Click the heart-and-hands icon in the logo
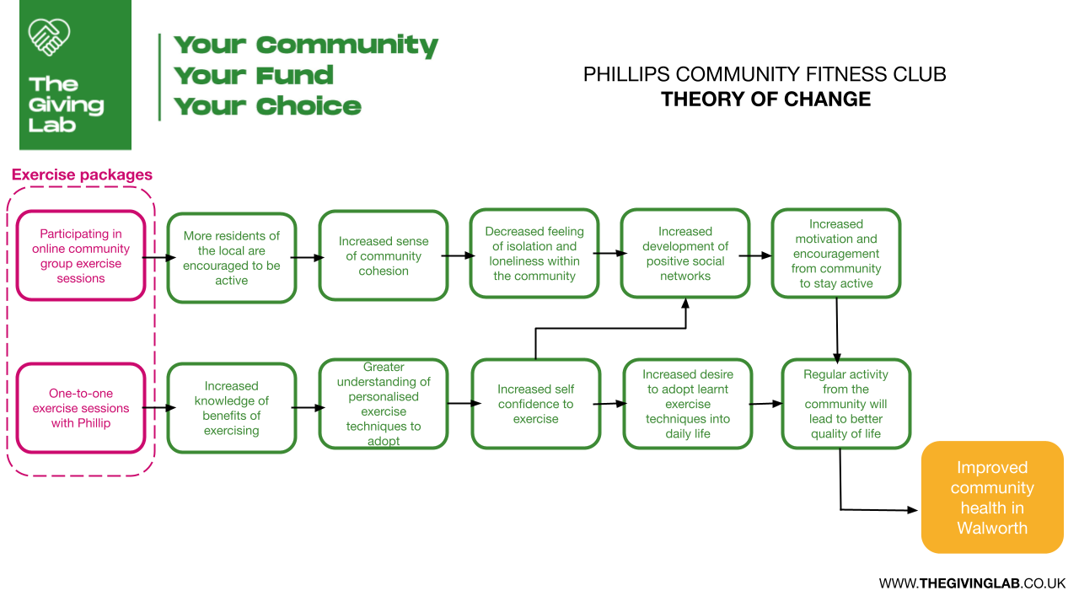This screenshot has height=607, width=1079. pyautogui.click(x=49, y=38)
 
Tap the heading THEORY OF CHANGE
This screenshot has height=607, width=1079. pyautogui.click(x=765, y=99)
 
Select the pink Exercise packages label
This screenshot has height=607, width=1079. pyautogui.click(x=82, y=175)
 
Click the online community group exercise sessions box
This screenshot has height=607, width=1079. pyautogui.click(x=81, y=255)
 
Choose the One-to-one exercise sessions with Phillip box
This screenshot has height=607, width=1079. pyautogui.click(x=81, y=408)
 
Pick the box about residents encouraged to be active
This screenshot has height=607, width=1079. pyautogui.click(x=232, y=258)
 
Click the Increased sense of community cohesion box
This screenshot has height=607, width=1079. pyautogui.click(x=384, y=256)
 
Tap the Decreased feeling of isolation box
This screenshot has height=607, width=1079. pyautogui.click(x=534, y=254)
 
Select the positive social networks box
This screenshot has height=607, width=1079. pyautogui.click(x=685, y=254)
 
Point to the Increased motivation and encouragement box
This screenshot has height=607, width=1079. pyautogui.click(x=836, y=254)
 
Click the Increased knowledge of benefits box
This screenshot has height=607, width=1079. pyautogui.click(x=232, y=408)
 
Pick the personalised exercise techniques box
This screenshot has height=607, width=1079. pyautogui.click(x=384, y=404)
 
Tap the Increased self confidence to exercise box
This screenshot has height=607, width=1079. pyautogui.click(x=535, y=404)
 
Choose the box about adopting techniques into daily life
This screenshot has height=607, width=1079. pyautogui.click(x=688, y=404)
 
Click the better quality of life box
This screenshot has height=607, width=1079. pyautogui.click(x=846, y=404)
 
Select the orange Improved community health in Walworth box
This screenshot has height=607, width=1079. pyautogui.click(x=992, y=497)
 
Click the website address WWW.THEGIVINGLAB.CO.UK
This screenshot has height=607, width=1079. pyautogui.click(x=972, y=583)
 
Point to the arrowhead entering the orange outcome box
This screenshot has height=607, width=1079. pyautogui.click(x=912, y=510)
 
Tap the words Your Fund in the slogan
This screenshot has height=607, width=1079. pyautogui.click(x=254, y=76)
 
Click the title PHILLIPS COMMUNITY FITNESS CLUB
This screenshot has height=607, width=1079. pyautogui.click(x=765, y=74)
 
